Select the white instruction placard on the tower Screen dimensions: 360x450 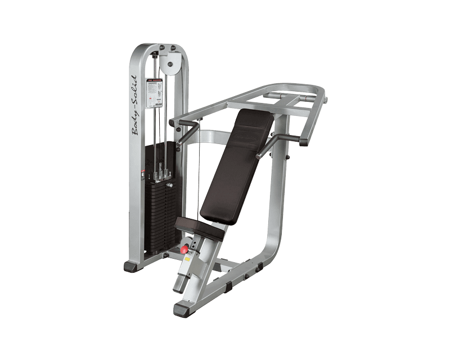(154, 93)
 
